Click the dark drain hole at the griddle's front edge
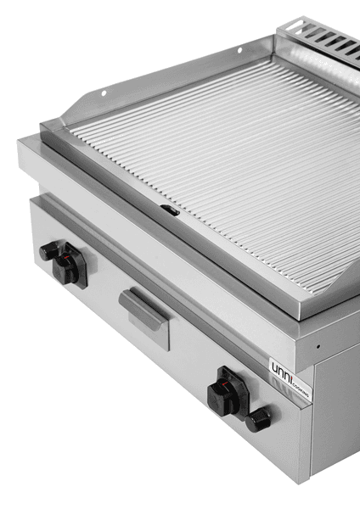point(170,209)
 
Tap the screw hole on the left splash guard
point(104,93)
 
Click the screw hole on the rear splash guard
point(240,51)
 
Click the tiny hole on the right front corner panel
point(318,346)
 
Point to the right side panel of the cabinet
point(335,416)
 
